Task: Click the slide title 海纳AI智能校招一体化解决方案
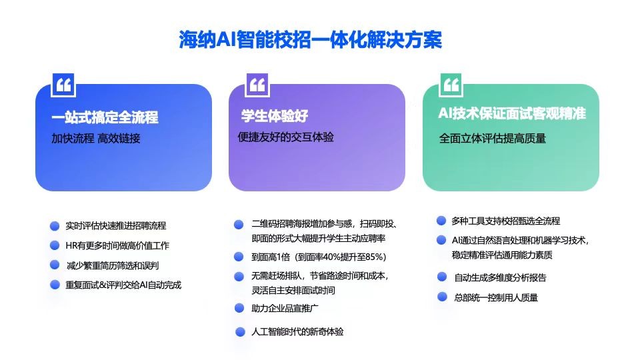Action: tap(310, 40)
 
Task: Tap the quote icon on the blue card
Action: tap(63, 85)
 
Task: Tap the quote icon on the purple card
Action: tap(257, 85)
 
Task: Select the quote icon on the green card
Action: tap(451, 85)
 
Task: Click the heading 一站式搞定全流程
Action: tap(105, 117)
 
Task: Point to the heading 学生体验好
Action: tap(274, 116)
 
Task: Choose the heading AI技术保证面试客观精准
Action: tap(512, 113)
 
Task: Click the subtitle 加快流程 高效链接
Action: tap(96, 139)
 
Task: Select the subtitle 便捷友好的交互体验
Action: tap(286, 137)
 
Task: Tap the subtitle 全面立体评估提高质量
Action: tap(492, 139)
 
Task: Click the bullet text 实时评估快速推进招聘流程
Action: tap(116, 226)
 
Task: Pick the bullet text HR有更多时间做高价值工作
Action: tap(117, 246)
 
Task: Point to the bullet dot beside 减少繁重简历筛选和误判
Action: tap(55, 265)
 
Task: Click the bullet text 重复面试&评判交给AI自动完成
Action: tap(123, 285)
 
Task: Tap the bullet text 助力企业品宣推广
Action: tap(285, 309)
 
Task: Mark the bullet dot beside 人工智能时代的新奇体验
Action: tap(241, 332)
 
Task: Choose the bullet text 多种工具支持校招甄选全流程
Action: tap(506, 221)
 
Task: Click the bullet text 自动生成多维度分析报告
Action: tap(501, 278)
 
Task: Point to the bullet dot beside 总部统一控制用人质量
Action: tap(442, 297)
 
